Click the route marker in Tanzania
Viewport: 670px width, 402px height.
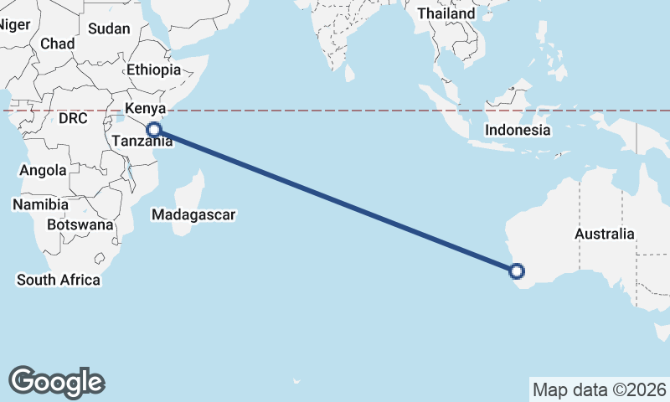tap(153, 129)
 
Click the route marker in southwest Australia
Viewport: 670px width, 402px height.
tap(517, 271)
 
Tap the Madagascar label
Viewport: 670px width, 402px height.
tap(193, 215)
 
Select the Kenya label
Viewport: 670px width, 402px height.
tap(146, 108)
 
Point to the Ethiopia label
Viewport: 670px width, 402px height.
tap(154, 70)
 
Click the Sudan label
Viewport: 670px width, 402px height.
tap(109, 28)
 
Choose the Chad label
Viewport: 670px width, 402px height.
tap(57, 44)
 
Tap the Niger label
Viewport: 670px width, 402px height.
tap(13, 24)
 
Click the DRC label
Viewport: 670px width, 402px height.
tap(73, 119)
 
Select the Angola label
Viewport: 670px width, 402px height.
tap(43, 171)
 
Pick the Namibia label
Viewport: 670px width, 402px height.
tap(39, 204)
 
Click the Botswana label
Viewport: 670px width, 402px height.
tap(80, 224)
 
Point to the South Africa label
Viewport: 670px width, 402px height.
tap(59, 280)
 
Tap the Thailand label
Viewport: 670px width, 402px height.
tap(446, 13)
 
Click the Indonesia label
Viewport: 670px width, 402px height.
tap(518, 130)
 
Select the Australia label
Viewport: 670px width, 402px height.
tap(605, 234)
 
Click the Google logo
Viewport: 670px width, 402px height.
tap(57, 381)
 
